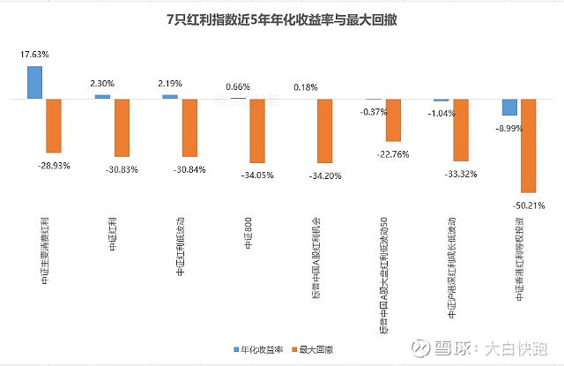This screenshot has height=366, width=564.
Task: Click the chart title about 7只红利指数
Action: point(281,19)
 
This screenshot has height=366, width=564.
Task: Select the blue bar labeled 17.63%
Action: point(35,82)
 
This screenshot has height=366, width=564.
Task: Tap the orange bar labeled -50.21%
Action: point(528,146)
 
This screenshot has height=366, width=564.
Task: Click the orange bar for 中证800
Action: point(256,131)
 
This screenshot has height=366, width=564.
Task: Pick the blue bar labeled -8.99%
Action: point(509,107)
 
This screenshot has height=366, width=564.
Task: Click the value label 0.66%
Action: point(239,86)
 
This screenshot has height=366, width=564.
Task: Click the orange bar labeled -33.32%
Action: point(461,130)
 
